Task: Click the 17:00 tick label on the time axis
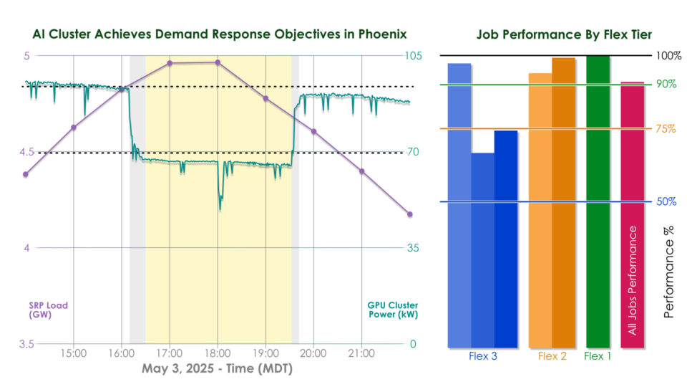pos(170,353)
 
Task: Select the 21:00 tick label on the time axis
pos(361,353)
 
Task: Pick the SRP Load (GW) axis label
pos(48,310)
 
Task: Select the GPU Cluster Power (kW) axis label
pos(392,310)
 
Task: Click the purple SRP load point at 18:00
pos(218,62)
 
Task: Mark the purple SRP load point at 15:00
pos(74,127)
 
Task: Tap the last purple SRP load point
pos(410,214)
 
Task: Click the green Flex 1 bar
pos(598,201)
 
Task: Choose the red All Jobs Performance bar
pos(632,215)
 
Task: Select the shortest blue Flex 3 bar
pos(482,251)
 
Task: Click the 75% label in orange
pos(666,129)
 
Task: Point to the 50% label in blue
pos(666,201)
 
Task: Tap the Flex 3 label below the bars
pos(483,356)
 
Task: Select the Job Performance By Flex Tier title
pos(564,34)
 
